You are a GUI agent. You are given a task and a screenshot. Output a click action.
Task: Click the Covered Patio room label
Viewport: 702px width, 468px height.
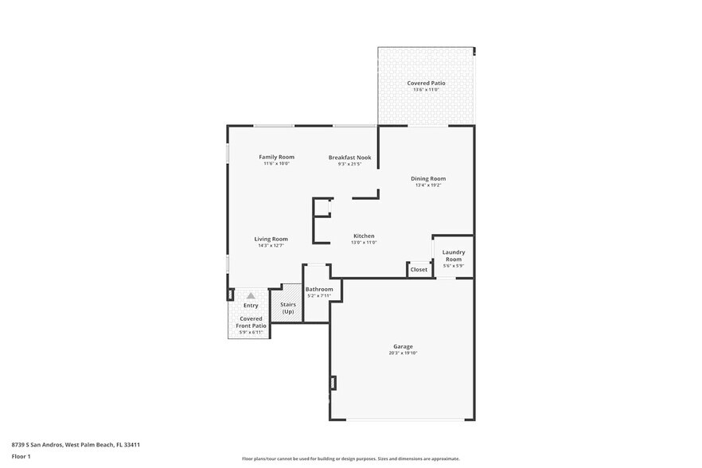click(426, 83)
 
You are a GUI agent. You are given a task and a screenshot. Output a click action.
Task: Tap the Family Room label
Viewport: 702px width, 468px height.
click(276, 157)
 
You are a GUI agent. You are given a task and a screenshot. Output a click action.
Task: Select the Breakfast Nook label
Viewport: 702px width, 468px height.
click(349, 158)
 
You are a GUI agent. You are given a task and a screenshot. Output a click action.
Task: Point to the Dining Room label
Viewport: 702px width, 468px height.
click(428, 178)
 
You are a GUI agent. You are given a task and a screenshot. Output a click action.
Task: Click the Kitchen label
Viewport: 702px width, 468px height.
click(364, 236)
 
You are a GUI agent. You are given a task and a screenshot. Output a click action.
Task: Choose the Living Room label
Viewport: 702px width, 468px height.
click(271, 239)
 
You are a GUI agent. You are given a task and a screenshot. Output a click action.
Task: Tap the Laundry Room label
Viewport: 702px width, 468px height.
click(453, 255)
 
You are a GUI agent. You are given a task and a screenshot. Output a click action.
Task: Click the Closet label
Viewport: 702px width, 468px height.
click(419, 270)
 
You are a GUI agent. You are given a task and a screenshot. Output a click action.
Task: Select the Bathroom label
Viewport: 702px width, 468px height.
click(319, 289)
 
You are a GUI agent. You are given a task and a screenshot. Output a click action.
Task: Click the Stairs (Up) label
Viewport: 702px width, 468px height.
click(287, 307)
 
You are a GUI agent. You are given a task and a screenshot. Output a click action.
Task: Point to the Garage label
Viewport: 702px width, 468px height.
click(403, 346)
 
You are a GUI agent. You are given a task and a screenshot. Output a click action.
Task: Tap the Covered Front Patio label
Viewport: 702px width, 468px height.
click(251, 322)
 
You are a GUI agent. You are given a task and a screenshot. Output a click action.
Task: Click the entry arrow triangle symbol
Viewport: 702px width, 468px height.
click(251, 295)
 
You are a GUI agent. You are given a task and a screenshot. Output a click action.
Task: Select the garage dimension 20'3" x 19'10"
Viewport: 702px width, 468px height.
click(403, 353)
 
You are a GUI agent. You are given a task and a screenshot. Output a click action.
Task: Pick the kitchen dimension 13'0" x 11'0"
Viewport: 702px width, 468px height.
click(364, 242)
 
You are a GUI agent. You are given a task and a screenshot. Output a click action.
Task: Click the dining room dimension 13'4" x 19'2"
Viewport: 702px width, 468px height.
click(428, 185)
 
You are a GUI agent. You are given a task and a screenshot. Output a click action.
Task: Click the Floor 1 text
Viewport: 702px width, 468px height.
click(21, 456)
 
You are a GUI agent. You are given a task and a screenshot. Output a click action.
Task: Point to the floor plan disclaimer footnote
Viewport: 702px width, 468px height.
click(350, 459)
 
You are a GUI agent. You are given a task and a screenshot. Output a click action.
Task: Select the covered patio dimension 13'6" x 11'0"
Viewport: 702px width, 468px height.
click(426, 90)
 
